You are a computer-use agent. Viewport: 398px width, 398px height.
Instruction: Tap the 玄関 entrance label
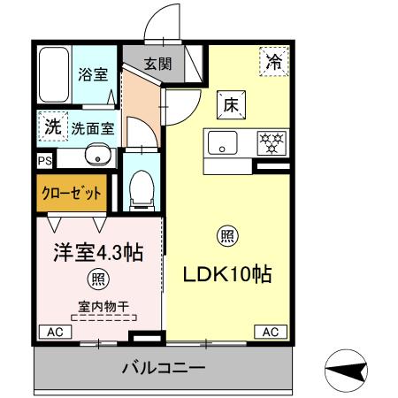coord(159,64)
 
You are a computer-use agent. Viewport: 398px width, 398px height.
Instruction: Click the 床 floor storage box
coord(227,104)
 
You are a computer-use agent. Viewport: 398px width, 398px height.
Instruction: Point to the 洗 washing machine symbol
coord(54,126)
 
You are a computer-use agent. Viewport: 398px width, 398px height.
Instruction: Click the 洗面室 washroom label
coord(93,127)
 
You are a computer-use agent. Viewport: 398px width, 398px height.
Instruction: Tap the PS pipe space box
coord(44,160)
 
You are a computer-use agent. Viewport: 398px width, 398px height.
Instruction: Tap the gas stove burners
coord(270,142)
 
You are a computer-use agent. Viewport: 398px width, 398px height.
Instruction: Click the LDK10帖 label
coord(226,273)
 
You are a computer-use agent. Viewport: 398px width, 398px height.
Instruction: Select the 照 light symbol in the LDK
coord(227,236)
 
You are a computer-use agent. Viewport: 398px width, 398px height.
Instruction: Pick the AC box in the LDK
coord(270,332)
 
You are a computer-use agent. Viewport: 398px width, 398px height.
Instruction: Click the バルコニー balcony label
coord(164,367)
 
